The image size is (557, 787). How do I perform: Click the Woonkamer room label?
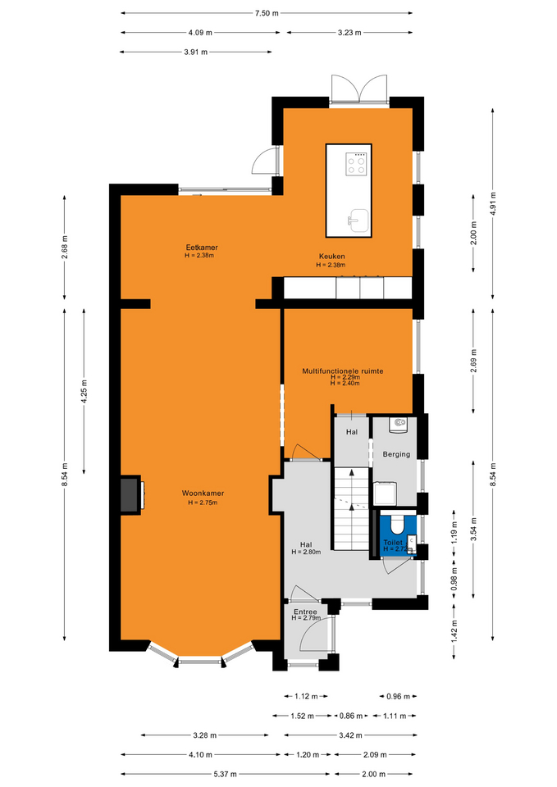203,494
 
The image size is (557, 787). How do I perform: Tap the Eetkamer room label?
202,248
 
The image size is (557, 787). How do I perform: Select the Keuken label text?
331,257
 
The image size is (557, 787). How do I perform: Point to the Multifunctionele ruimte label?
343,371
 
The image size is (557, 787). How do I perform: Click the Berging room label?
396,454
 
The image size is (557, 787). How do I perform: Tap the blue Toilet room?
399,533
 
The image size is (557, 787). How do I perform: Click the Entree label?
305,612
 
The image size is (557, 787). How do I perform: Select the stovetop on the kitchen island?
356,164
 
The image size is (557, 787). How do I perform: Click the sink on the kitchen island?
359,221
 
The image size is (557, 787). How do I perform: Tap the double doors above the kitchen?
359,90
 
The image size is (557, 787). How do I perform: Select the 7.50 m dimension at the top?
267,13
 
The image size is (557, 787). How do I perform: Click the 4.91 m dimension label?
493,204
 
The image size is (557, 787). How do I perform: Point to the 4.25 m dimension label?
84,392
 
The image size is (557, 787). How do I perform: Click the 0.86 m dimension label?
350,716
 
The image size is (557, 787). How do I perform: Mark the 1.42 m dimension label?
454,631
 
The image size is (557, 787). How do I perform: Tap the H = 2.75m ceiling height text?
203,503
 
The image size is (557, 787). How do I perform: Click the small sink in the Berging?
399,424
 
